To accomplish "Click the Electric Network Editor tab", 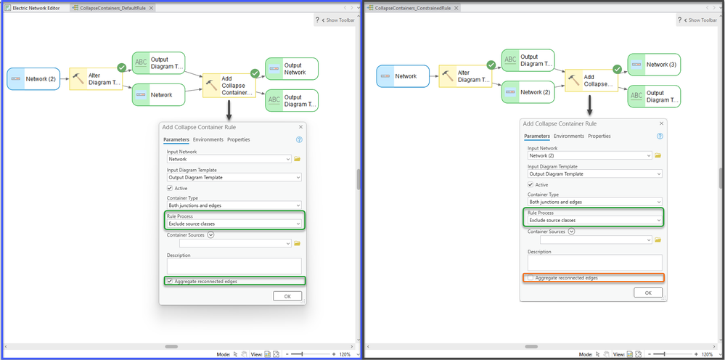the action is [33, 8].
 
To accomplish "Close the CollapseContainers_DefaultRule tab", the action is [151, 8].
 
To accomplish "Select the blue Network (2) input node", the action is [33, 78].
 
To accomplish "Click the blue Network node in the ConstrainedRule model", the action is [403, 76].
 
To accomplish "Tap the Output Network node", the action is [292, 69].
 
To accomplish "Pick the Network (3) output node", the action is [654, 65].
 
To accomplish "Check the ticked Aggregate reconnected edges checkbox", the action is [170, 281].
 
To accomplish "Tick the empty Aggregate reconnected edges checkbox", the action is [531, 278].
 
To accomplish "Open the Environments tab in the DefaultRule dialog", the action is [208, 139].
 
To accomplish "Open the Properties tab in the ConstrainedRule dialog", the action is [599, 136].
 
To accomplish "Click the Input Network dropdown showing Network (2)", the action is [590, 156].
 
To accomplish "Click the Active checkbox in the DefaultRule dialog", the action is [170, 188].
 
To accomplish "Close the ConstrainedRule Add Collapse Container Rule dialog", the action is [661, 123].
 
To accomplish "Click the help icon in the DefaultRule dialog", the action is [299, 139].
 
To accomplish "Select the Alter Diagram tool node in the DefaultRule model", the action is [96, 79].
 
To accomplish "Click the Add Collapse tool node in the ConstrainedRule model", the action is [592, 81].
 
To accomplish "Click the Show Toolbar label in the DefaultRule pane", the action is [340, 20].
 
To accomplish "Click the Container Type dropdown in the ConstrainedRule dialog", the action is [594, 202].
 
